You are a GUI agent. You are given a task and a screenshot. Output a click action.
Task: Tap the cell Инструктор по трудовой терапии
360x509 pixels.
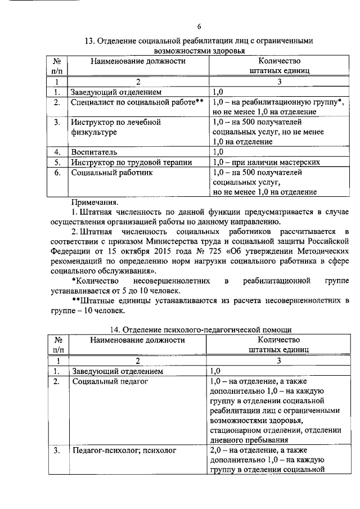[130, 162]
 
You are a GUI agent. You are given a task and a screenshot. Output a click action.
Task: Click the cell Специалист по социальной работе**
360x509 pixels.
[137, 102]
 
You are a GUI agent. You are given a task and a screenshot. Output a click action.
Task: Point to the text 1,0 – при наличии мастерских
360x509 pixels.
[267, 162]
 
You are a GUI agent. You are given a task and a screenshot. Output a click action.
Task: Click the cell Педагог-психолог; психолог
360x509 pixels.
[124, 451]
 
